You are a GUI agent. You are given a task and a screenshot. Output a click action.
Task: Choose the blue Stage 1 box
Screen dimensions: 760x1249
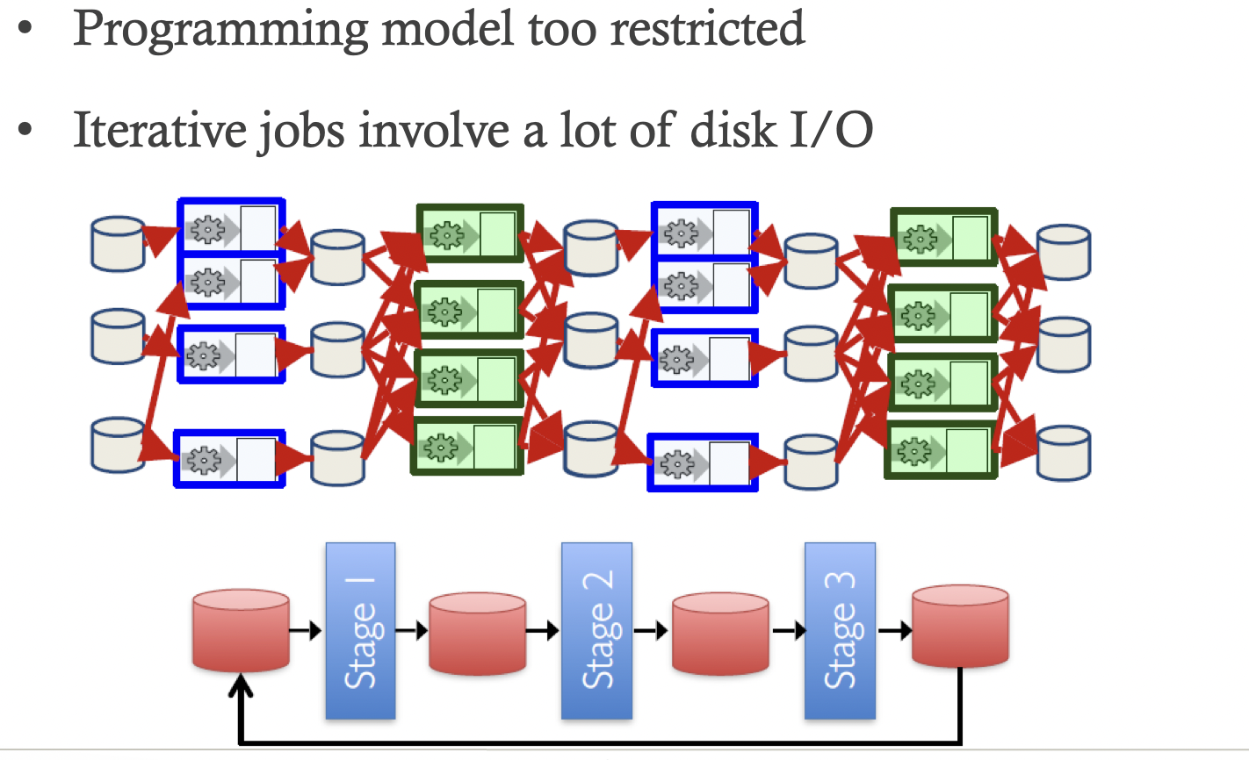coord(360,631)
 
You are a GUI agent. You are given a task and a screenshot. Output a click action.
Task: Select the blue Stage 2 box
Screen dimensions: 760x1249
coord(596,631)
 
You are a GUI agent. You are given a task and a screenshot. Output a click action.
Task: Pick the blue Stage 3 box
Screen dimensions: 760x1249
coord(840,631)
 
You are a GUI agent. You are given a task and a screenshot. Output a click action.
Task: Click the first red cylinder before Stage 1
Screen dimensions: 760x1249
coord(241,631)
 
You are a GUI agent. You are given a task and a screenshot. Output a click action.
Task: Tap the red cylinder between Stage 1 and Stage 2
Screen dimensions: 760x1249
coord(477,633)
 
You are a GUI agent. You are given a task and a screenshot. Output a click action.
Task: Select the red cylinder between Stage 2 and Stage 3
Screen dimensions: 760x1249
coord(720,633)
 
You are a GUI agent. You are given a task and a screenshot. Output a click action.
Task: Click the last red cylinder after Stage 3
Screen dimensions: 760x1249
coord(960,627)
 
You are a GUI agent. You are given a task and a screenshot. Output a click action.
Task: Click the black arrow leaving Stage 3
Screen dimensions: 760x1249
coord(894,630)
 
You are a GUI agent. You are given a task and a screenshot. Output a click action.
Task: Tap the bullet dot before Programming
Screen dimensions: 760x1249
coord(25,28)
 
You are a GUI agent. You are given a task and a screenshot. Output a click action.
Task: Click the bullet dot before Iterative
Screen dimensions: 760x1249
coord(25,130)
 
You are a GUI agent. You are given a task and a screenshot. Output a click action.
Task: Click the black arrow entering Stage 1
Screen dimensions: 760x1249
coord(307,630)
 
